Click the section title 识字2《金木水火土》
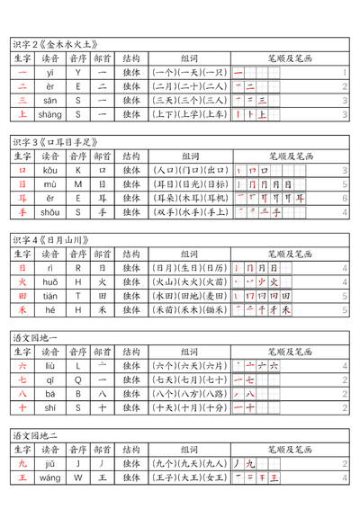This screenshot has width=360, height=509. (x=55, y=43)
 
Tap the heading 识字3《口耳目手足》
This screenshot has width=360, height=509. (x=55, y=142)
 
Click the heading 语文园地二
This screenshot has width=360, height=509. (x=36, y=435)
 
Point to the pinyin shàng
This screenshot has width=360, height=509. (x=50, y=114)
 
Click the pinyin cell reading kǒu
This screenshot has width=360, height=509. (x=50, y=170)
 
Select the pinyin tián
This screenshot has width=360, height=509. (x=50, y=296)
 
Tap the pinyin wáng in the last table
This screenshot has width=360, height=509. (x=50, y=478)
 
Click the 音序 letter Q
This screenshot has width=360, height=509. (x=78, y=380)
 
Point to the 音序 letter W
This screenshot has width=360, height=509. (x=78, y=478)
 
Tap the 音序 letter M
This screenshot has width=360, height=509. (x=78, y=184)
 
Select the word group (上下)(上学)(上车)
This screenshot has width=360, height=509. (x=190, y=114)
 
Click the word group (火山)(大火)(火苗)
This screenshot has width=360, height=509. (x=190, y=281)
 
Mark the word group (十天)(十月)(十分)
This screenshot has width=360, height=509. (x=190, y=407)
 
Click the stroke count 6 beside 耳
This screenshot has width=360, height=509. (x=345, y=198)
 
